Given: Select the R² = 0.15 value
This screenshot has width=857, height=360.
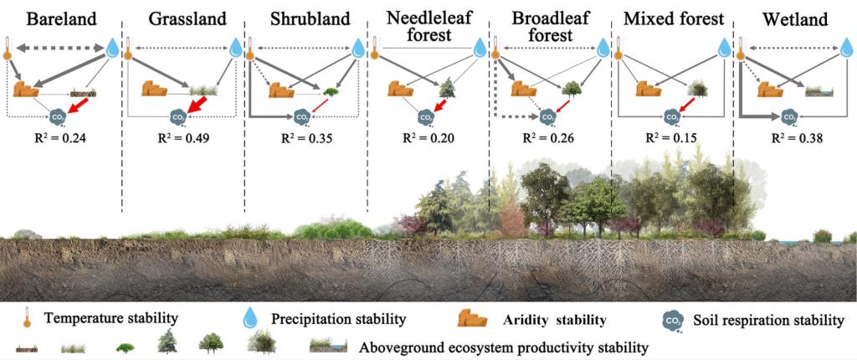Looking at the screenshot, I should tap(671, 139).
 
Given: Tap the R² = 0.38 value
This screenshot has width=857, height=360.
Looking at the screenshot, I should tap(793, 139).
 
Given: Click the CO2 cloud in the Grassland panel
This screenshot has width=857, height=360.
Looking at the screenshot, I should tap(178, 117).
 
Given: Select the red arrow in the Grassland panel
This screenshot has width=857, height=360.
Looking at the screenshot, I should tap(198, 105).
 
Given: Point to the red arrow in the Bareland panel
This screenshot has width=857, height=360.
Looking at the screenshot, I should tap(80, 107).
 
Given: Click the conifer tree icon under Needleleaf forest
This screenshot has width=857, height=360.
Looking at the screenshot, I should tap(447, 88).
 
